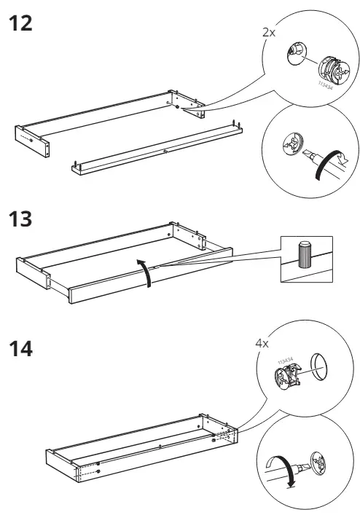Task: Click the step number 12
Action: (x=21, y=23)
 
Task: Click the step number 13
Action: (x=21, y=219)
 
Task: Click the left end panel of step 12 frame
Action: (x=33, y=139)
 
